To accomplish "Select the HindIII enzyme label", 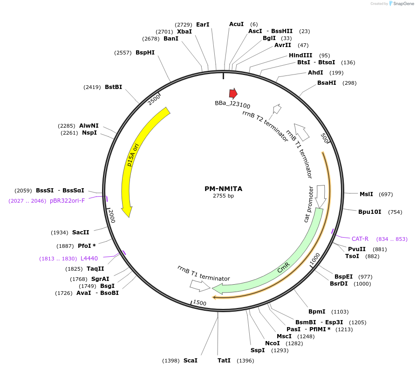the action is (300, 55).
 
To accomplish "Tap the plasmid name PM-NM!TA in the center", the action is (224, 189).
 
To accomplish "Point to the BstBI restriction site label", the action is (113, 87).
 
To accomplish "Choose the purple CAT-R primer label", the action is (360, 239).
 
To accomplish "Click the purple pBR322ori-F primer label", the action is (68, 201).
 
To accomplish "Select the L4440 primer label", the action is (89, 258).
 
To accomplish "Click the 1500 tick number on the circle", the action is (199, 303).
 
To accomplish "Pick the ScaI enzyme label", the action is (190, 361).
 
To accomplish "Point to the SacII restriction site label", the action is (81, 232).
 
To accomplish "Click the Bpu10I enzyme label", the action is (369, 212).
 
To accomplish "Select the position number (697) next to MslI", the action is (386, 194).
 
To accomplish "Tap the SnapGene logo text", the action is (403, 4).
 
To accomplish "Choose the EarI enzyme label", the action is (203, 24).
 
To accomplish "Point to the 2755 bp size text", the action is (224, 196).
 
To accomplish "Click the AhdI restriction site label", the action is (315, 73).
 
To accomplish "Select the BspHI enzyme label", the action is (145, 53).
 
